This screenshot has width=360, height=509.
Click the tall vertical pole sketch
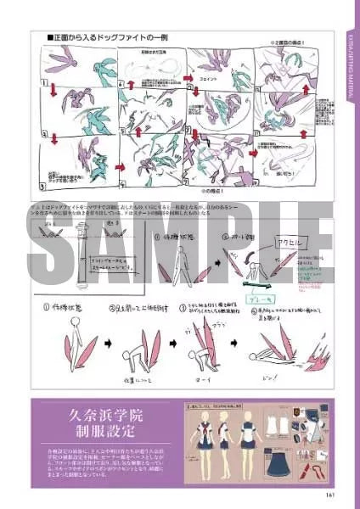(x=82, y=255)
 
